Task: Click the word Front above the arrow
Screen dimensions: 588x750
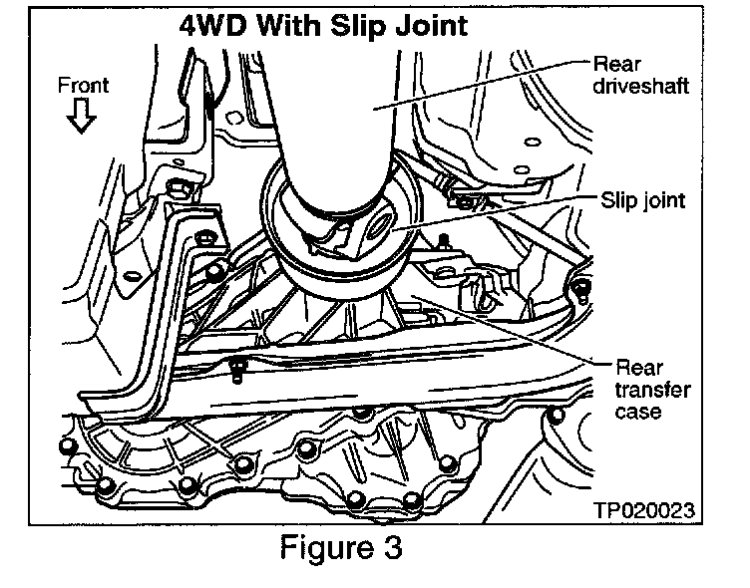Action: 83,86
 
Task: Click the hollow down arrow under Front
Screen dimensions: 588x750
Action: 83,119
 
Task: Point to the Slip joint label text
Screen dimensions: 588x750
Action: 643,200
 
